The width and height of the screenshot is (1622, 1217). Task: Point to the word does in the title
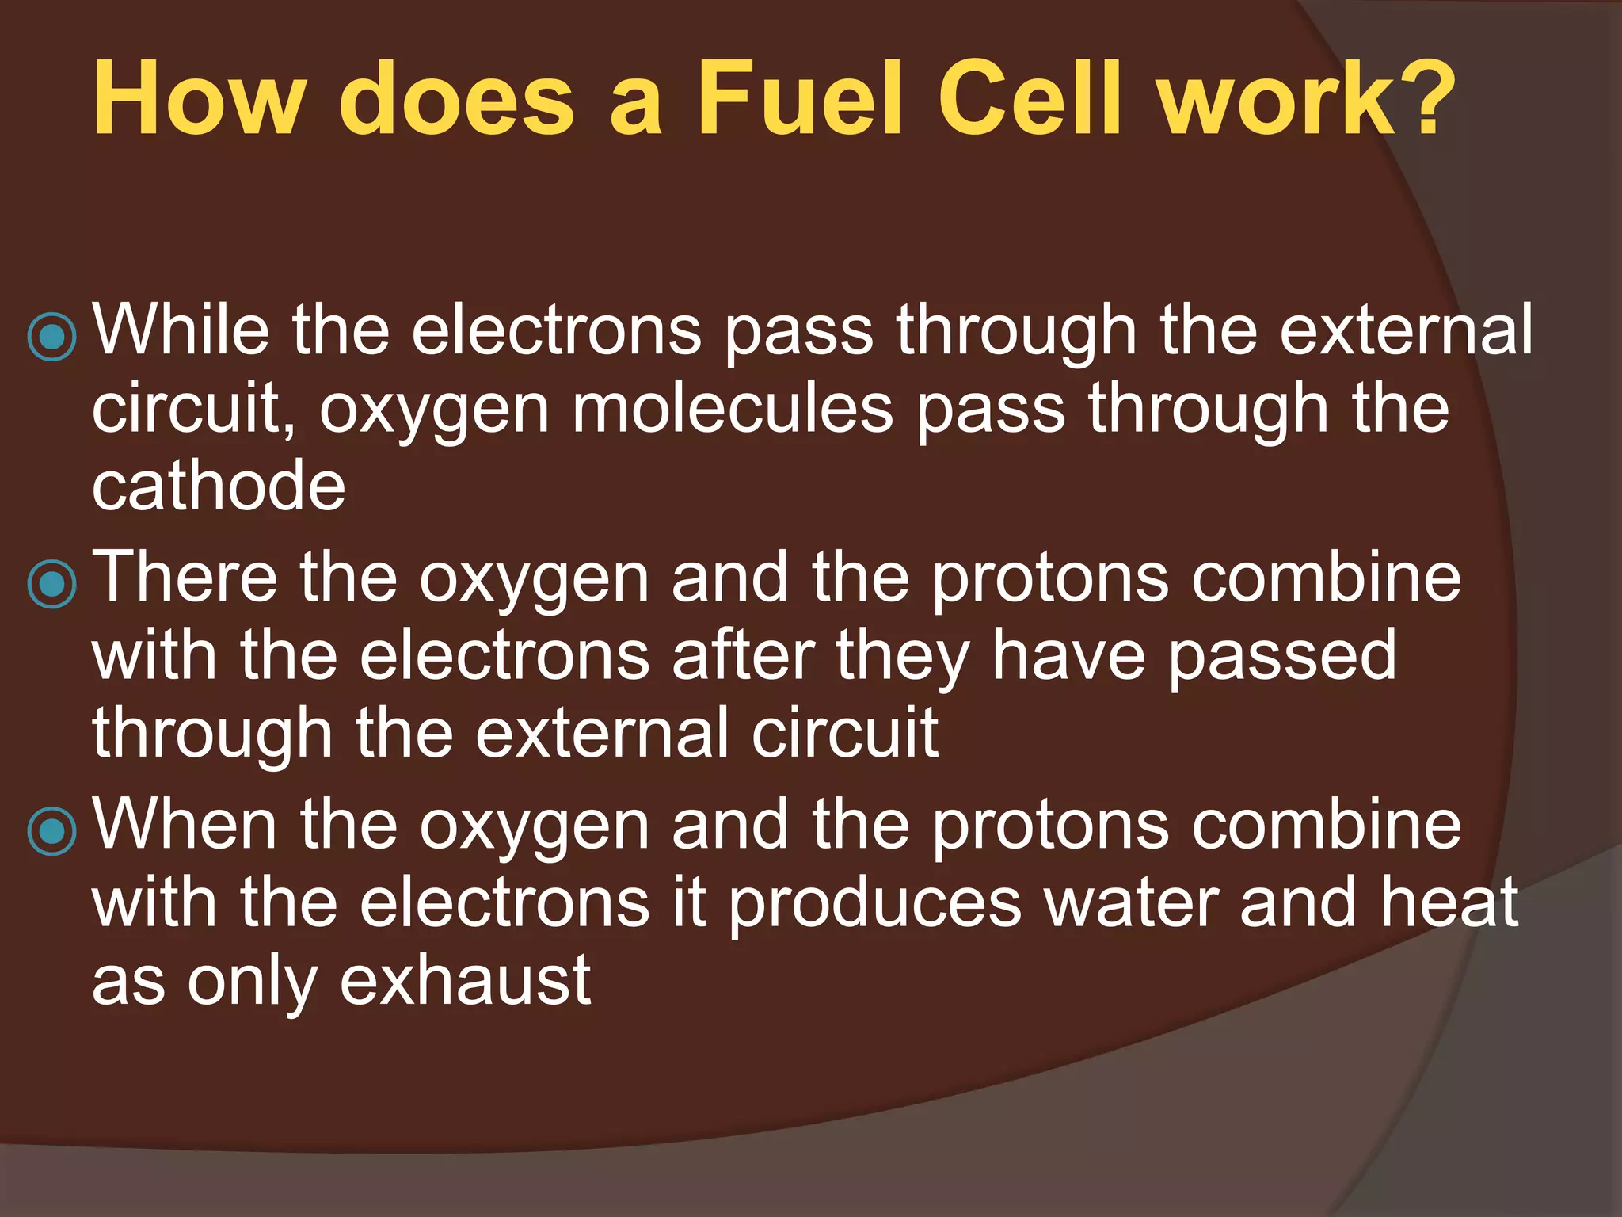(x=456, y=100)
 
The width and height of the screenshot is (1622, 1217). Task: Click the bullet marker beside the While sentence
(x=52, y=336)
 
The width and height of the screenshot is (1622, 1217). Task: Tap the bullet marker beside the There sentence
(x=52, y=584)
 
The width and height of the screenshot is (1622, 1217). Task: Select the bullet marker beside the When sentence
(x=52, y=831)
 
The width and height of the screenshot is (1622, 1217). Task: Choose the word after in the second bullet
(x=743, y=655)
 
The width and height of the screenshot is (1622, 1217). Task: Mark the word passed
(x=1282, y=657)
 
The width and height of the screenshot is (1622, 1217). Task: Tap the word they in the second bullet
(x=904, y=657)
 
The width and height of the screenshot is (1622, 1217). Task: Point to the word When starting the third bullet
(x=185, y=824)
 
